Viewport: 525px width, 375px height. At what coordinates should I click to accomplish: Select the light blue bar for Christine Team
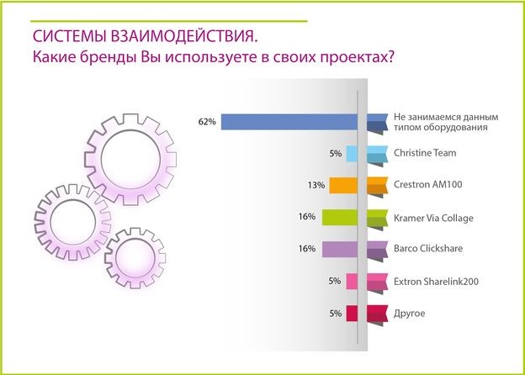click(x=352, y=154)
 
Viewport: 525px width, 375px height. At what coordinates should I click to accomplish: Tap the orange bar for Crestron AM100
click(x=344, y=186)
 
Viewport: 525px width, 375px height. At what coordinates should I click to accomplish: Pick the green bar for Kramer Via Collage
click(x=340, y=218)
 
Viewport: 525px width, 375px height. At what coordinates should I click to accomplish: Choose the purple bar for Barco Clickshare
click(x=340, y=249)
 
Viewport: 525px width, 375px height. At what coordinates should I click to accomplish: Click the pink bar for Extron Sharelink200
click(x=352, y=282)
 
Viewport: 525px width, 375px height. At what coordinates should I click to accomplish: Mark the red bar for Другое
click(x=352, y=314)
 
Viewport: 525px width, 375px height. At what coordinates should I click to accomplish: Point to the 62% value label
click(x=207, y=122)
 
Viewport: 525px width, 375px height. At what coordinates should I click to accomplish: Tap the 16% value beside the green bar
click(x=307, y=217)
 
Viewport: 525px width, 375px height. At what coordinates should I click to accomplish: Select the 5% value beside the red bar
click(x=335, y=314)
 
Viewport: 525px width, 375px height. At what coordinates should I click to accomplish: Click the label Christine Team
click(x=423, y=154)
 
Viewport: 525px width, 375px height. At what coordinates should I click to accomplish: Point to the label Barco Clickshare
click(x=428, y=250)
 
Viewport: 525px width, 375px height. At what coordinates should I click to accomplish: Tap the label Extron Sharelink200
click(x=436, y=282)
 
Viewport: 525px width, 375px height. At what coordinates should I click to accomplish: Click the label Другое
click(x=409, y=314)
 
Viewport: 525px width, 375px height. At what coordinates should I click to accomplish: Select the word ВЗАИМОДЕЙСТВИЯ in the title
click(x=176, y=38)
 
